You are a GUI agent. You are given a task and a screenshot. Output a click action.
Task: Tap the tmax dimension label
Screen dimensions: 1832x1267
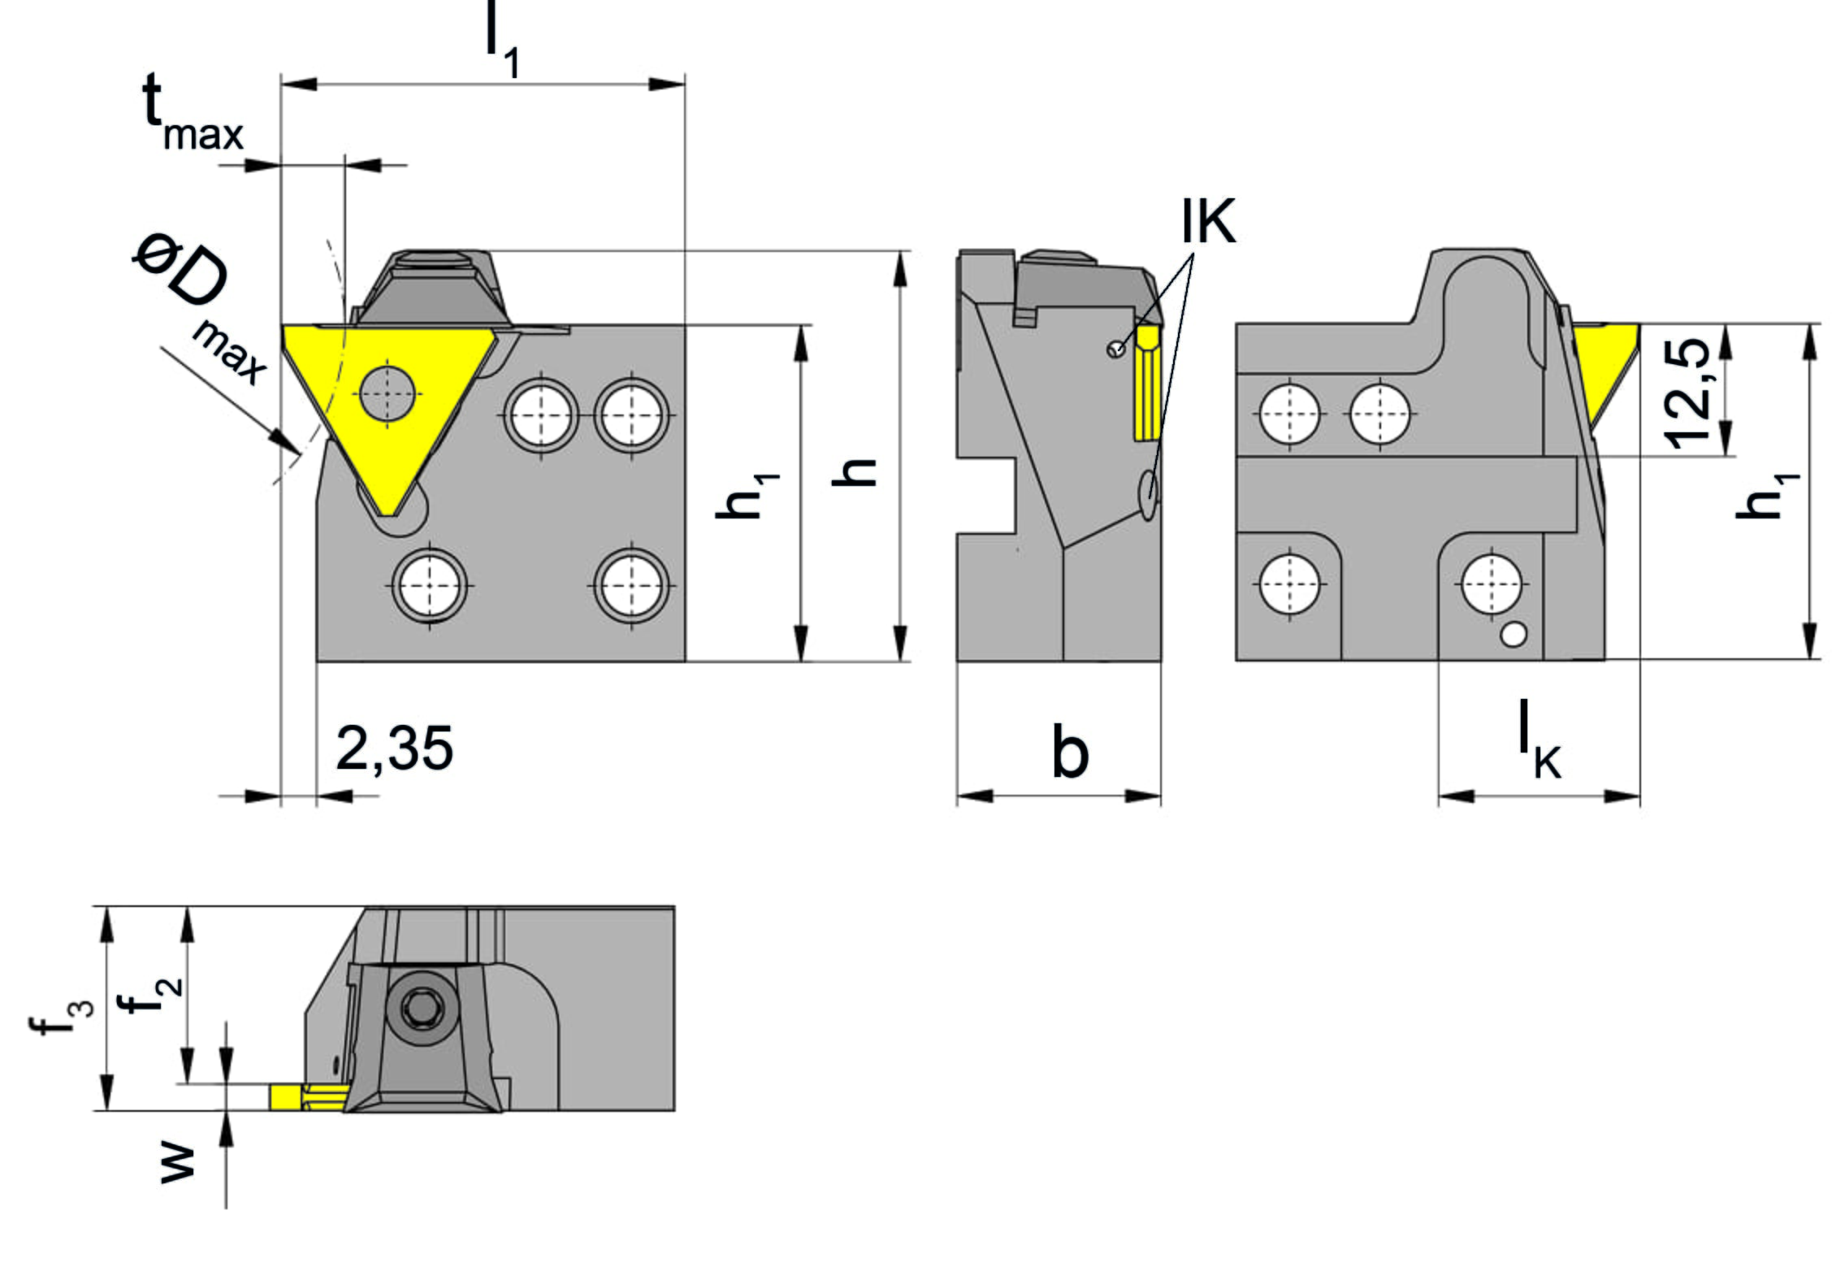pos(193,112)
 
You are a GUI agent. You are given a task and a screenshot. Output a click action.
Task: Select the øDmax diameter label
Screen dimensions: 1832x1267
pos(199,308)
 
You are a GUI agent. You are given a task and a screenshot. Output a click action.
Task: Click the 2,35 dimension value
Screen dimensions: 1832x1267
pos(394,748)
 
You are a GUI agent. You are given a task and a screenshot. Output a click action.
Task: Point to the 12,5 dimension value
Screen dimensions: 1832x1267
pos(1687,393)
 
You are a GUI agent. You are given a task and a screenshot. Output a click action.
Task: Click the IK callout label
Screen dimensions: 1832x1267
pos(1208,221)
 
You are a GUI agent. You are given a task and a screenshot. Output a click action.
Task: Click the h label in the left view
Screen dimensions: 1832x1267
pos(854,472)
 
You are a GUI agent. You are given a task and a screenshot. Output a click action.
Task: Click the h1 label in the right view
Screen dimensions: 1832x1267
pos(1767,496)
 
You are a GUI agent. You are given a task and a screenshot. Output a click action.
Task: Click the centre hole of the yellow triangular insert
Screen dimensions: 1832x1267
pos(388,395)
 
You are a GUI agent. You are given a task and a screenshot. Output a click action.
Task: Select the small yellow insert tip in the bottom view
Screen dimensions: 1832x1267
pos(310,1096)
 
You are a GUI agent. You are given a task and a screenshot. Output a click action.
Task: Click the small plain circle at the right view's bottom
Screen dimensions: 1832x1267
pos(1513,635)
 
